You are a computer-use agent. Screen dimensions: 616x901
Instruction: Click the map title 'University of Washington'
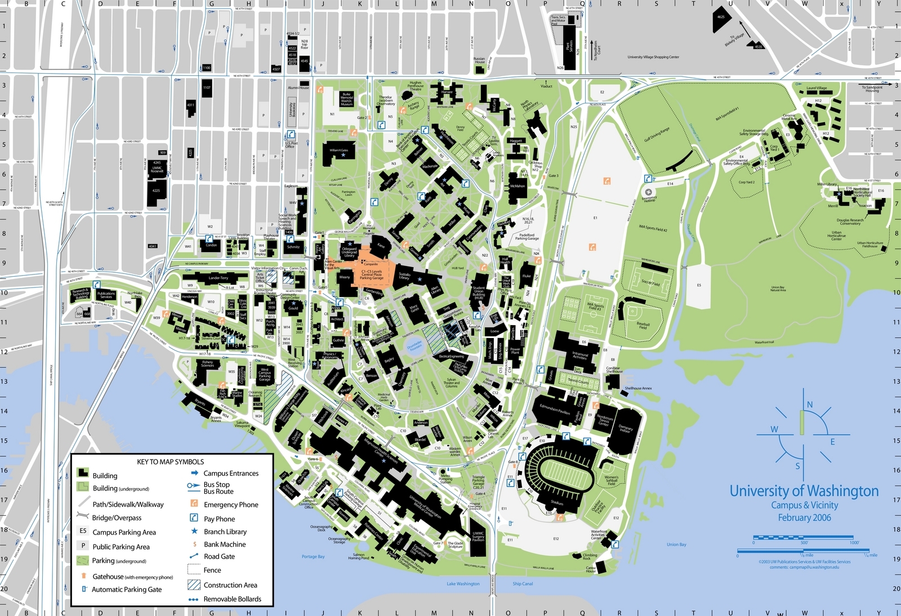click(x=804, y=491)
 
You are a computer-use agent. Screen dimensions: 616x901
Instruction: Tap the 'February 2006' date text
click(x=804, y=518)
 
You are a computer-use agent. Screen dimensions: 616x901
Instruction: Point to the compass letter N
click(x=810, y=404)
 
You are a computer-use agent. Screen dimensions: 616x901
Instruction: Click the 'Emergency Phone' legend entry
click(x=231, y=505)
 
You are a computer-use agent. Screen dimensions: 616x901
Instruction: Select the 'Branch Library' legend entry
click(x=225, y=532)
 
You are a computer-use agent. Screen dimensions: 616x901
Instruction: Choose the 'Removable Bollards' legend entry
click(x=232, y=599)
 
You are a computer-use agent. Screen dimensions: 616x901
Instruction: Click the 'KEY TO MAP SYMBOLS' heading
click(x=170, y=462)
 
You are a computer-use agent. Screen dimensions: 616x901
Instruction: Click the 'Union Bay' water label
click(x=676, y=545)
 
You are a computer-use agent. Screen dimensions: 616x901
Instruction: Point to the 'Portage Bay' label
click(x=313, y=556)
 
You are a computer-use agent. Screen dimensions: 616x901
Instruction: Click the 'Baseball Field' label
click(x=643, y=325)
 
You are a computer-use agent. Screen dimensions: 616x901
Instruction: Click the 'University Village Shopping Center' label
click(x=653, y=57)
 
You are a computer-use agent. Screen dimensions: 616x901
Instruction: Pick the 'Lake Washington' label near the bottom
click(x=463, y=584)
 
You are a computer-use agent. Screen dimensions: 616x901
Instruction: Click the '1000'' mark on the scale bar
click(x=854, y=543)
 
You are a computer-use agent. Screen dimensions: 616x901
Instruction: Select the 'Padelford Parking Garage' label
click(x=527, y=237)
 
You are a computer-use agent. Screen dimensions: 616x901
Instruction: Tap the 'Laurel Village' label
click(x=817, y=88)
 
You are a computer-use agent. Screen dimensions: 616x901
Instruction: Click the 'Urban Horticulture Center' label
click(x=836, y=236)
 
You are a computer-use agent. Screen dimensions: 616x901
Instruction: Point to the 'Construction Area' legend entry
click(x=230, y=585)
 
